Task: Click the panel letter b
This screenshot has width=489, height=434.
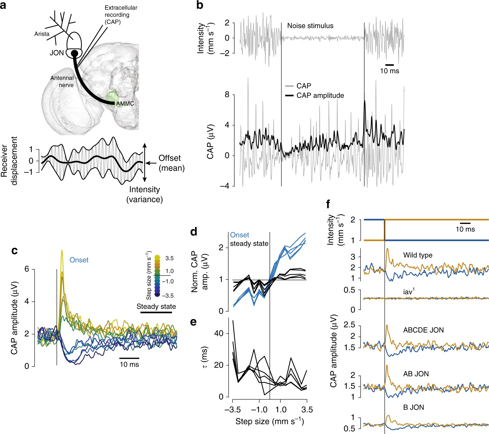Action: pos(200,6)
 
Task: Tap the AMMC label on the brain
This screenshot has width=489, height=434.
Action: pos(125,104)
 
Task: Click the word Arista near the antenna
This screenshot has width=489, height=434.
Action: pos(42,34)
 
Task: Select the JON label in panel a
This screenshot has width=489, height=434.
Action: pos(57,53)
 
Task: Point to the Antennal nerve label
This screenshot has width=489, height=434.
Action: pos(62,82)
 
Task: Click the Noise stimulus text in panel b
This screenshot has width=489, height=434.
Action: pos(310,26)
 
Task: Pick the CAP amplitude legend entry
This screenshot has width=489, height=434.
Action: pos(320,96)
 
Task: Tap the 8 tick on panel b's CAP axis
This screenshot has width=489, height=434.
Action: pos(227,95)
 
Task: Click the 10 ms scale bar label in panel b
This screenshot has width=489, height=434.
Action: pos(390,71)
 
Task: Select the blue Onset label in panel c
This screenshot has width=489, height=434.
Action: pos(79,260)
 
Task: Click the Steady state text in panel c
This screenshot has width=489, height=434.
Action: pos(156,307)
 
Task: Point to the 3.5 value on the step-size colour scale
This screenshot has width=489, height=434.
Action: pos(169,258)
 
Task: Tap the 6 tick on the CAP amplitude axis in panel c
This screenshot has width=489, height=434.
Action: pos(27,269)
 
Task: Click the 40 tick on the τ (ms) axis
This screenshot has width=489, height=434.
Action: pos(219,333)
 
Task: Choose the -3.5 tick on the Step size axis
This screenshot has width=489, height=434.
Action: pos(232,410)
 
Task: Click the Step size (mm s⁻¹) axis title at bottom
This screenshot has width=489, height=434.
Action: pos(270,421)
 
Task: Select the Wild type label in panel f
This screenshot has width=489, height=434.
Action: pos(418,255)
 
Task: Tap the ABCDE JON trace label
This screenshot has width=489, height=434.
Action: pos(423,330)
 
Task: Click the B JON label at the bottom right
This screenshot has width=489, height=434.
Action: pos(413,407)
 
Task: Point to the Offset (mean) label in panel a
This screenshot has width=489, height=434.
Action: pos(171,163)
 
